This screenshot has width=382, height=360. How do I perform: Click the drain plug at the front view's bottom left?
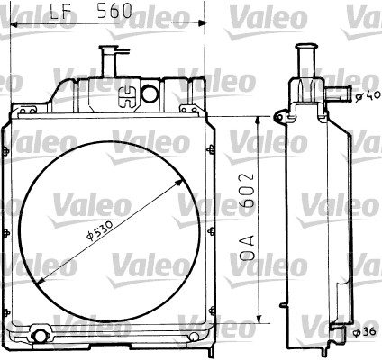(39, 337)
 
